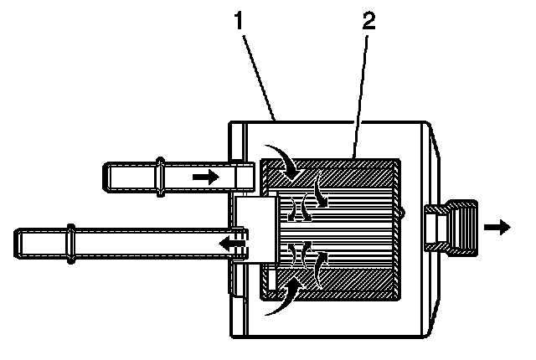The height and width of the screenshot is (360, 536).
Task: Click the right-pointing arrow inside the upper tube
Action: (204, 177)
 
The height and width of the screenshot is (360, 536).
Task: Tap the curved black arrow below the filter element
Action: (283, 297)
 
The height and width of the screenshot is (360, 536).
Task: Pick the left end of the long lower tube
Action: (18, 244)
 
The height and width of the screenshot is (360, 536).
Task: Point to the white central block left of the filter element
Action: (256, 227)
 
